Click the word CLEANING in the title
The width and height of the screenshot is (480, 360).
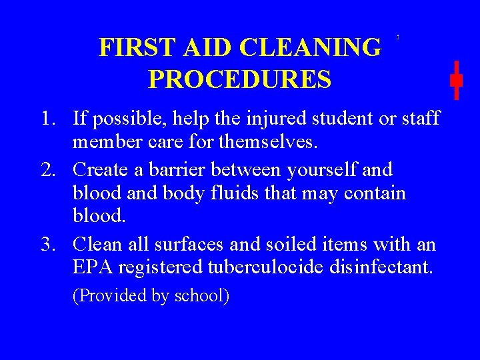311,48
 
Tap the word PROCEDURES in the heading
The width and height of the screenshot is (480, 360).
240,79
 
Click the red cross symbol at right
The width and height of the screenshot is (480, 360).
456,80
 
